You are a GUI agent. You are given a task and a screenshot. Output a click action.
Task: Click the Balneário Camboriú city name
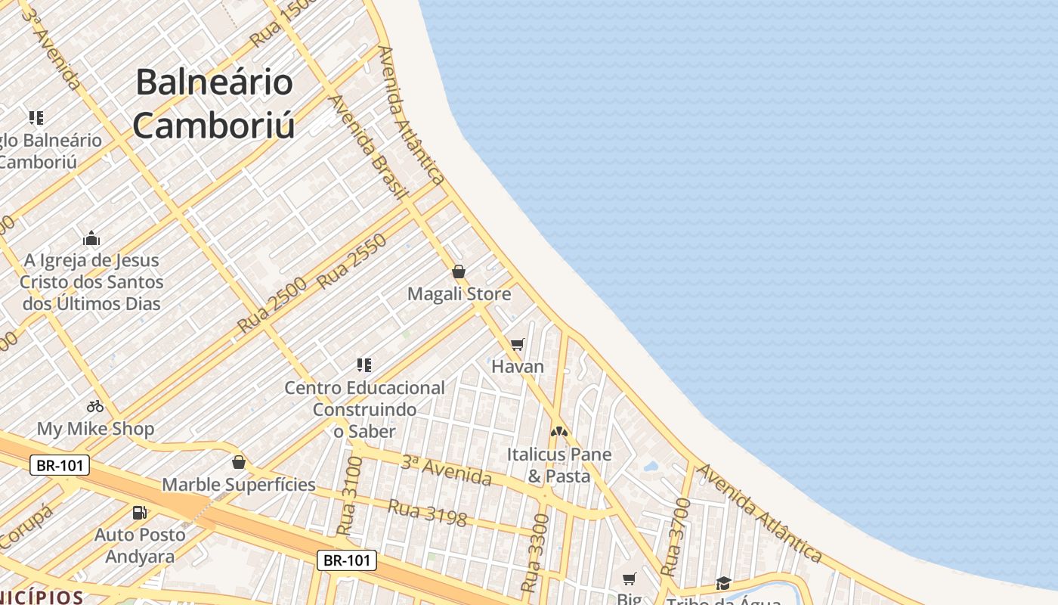pyautogui.click(x=214, y=104)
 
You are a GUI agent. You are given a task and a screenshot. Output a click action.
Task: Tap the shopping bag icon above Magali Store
pyautogui.click(x=459, y=271)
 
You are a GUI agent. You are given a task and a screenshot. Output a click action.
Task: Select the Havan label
pyautogui.click(x=518, y=367)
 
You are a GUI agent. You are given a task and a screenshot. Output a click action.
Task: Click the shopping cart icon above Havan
pyautogui.click(x=518, y=345)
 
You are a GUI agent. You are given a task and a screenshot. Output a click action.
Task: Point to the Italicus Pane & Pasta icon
pyautogui.click(x=559, y=432)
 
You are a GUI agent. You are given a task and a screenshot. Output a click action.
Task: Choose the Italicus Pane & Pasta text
pyautogui.click(x=559, y=465)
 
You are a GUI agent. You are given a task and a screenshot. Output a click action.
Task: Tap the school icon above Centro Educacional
pyautogui.click(x=364, y=365)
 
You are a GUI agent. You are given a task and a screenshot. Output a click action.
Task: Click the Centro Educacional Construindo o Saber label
pyautogui.click(x=364, y=409)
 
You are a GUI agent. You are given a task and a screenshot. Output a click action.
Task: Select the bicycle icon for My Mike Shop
pyautogui.click(x=95, y=406)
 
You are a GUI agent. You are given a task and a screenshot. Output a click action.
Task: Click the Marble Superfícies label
pyautogui.click(x=239, y=485)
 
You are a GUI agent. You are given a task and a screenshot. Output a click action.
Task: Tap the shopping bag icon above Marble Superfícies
pyautogui.click(x=239, y=462)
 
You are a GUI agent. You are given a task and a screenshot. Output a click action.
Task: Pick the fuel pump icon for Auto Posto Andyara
pyautogui.click(x=140, y=512)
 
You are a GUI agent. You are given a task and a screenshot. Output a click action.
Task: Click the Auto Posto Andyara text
pyautogui.click(x=140, y=545)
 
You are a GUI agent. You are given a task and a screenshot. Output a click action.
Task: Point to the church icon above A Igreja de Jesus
pyautogui.click(x=91, y=239)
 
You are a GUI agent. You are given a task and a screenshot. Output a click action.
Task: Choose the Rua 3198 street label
pyautogui.click(x=427, y=513)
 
